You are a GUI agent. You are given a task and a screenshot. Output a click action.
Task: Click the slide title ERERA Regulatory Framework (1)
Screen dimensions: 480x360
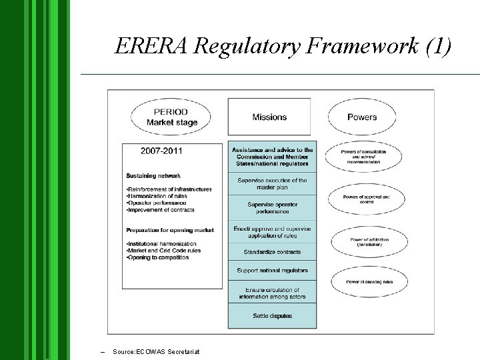[283, 45]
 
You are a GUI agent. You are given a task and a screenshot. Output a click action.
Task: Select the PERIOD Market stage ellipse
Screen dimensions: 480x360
[172, 117]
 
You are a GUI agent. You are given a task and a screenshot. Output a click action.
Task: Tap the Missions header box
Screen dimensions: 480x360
[269, 117]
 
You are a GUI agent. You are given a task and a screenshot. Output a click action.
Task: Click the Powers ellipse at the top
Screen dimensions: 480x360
[362, 117]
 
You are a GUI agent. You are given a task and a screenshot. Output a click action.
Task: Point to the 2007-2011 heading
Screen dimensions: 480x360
[161, 151]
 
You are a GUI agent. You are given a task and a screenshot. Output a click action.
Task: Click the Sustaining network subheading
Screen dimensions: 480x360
[153, 176]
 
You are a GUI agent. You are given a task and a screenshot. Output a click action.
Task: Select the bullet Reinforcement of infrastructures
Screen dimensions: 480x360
[169, 189]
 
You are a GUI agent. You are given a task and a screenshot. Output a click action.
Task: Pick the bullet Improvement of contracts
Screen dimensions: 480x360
[161, 210]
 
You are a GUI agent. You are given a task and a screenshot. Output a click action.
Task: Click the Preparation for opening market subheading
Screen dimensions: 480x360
[170, 230]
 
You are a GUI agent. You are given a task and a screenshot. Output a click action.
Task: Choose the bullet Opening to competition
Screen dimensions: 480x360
[157, 258]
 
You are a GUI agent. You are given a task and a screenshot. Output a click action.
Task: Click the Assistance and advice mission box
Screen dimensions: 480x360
[272, 157]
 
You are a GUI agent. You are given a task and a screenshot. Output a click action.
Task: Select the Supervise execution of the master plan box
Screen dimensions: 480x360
[272, 184]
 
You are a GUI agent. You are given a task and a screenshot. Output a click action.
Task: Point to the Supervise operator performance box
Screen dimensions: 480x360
[272, 207]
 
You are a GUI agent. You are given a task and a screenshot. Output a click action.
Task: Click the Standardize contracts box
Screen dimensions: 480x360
[272, 252]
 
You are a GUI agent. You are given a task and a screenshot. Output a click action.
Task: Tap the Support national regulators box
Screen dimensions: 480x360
[272, 271]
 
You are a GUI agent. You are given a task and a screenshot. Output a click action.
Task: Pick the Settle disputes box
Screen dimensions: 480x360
[272, 316]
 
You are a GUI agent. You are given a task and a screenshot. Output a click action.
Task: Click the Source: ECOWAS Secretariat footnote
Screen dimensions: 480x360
[156, 351]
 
